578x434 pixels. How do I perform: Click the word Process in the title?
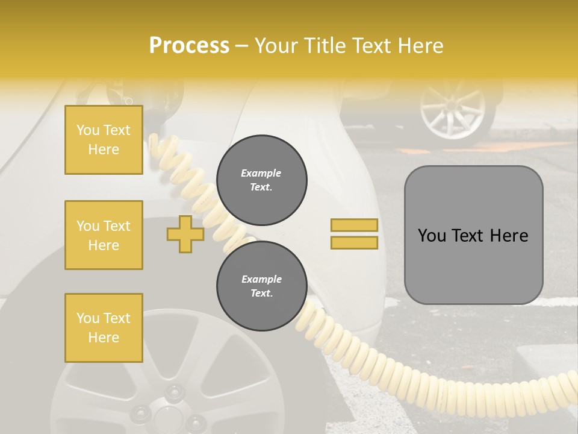click(x=189, y=46)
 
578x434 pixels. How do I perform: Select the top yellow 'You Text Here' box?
click(x=104, y=140)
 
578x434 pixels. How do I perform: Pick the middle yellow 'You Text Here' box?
click(x=104, y=235)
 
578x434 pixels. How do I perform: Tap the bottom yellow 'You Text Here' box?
click(x=104, y=328)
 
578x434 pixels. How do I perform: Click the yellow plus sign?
click(x=185, y=234)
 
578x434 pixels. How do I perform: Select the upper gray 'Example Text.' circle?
click(x=261, y=180)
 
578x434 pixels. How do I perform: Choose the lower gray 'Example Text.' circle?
click(x=261, y=286)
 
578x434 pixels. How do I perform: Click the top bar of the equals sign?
click(x=354, y=225)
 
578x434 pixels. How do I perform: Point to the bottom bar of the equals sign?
click(x=354, y=242)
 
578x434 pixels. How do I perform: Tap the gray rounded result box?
click(x=473, y=235)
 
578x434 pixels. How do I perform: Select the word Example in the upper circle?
click(x=261, y=173)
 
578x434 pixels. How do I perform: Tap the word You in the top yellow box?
click(x=88, y=130)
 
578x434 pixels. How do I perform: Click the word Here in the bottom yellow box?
click(x=104, y=338)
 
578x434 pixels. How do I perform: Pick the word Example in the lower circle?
click(x=261, y=279)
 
